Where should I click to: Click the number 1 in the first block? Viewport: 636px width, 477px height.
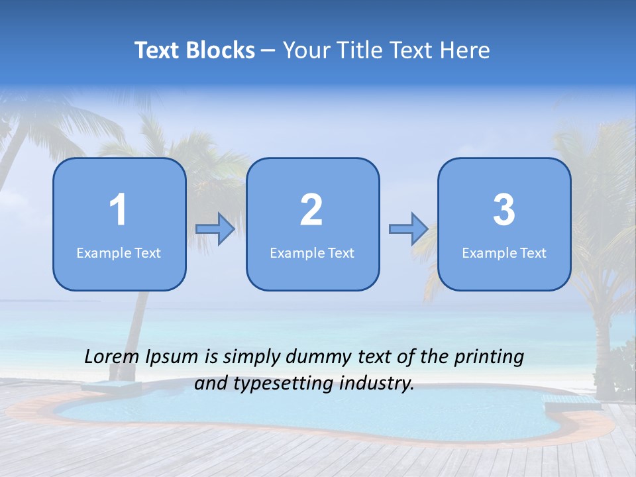click(x=118, y=210)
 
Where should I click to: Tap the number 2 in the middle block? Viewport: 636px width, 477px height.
click(x=311, y=210)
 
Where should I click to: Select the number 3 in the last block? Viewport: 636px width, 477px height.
click(x=504, y=210)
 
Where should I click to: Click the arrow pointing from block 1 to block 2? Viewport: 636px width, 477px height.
click(x=215, y=229)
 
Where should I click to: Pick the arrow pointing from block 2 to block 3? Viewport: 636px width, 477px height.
click(x=408, y=229)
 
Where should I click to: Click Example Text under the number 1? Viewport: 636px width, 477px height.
click(x=119, y=253)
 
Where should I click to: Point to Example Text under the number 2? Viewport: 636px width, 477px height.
click(x=312, y=253)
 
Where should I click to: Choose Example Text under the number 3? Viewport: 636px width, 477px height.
click(x=504, y=253)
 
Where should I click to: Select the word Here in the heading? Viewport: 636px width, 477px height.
click(x=466, y=50)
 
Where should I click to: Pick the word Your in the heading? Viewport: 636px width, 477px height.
click(x=305, y=50)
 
